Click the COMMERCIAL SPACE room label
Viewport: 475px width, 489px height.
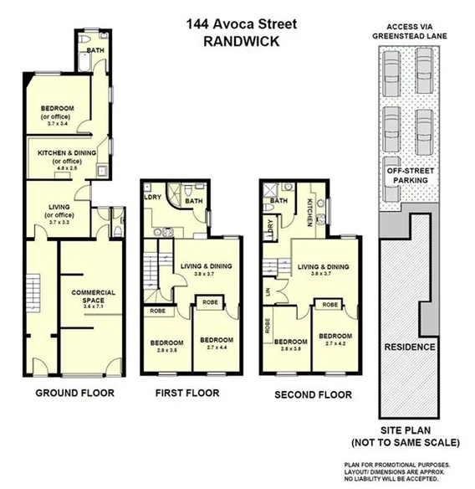point(93,296)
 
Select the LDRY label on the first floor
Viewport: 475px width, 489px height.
point(153,198)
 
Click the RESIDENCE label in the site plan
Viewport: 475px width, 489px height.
point(410,347)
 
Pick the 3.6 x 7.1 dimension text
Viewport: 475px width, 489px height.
point(93,307)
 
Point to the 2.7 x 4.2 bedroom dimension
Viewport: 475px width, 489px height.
point(335,343)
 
